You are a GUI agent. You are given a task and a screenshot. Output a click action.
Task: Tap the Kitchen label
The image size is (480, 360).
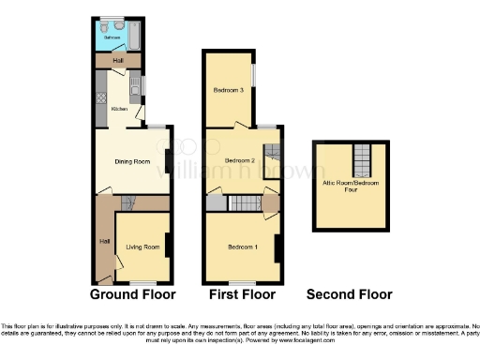pyautogui.click(x=119, y=109)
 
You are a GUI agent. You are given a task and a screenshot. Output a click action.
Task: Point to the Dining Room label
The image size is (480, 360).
pyautogui.click(x=132, y=162)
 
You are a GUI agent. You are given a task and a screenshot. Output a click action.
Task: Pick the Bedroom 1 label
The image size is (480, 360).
pyautogui.click(x=243, y=247)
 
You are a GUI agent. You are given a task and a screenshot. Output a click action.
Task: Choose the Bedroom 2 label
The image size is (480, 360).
pyautogui.click(x=240, y=161)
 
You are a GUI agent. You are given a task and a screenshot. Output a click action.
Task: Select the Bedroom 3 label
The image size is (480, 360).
pyautogui.click(x=229, y=90)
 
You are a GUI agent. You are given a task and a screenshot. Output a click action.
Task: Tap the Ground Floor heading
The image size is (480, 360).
pyautogui.click(x=132, y=294)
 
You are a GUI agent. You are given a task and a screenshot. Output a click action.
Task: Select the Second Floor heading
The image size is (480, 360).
pyautogui.click(x=349, y=294)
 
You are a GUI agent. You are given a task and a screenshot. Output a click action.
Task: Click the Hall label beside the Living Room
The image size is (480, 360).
pyautogui.click(x=104, y=241)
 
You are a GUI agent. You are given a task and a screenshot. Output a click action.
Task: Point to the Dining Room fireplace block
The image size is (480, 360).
pyautogui.click(x=168, y=161)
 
